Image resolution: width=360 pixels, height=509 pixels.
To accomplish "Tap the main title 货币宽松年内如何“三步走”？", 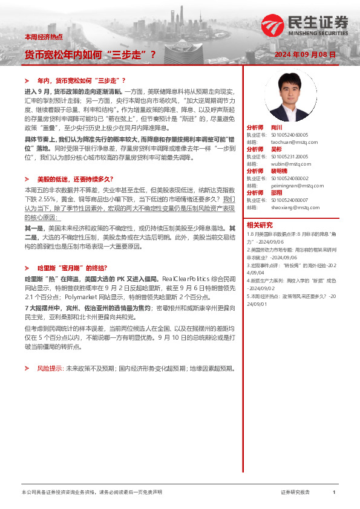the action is click(90, 55).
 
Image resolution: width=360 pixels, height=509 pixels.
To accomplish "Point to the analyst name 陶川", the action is click(276, 128).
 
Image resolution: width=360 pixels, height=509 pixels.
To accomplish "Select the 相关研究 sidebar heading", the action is click(261, 224).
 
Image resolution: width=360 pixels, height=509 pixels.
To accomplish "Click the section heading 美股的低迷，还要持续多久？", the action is click(74, 180).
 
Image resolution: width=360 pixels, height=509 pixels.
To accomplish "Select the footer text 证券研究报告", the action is click(295, 493).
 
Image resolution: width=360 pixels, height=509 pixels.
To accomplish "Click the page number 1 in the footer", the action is click(333, 493).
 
